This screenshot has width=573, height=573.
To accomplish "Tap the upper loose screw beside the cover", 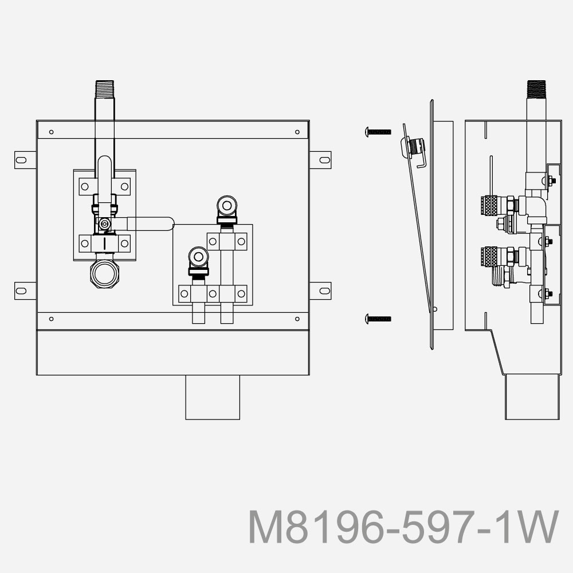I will point(378,132).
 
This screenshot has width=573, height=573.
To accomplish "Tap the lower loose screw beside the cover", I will point(378,318).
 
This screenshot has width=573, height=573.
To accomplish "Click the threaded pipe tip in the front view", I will point(104,89).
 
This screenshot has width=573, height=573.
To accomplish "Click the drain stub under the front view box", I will point(212,397).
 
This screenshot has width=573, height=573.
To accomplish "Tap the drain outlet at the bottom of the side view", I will point(531,397).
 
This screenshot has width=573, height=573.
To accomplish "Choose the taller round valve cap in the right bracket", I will point(227,206).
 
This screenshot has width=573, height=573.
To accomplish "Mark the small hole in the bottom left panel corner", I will point(52,319).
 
